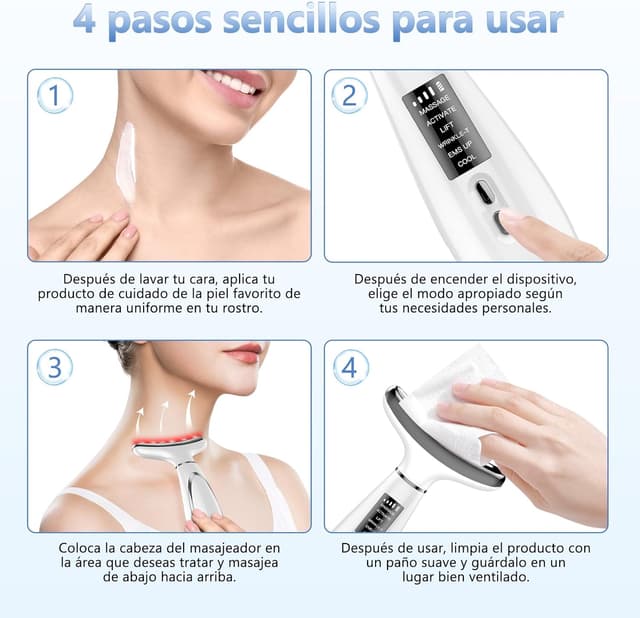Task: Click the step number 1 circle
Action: (55, 96)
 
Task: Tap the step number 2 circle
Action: (349, 96)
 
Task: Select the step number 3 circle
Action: (55, 367)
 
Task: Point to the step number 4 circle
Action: (349, 367)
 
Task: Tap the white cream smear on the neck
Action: (125, 164)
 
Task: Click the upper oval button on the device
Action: (484, 191)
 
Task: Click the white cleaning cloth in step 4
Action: (455, 400)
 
